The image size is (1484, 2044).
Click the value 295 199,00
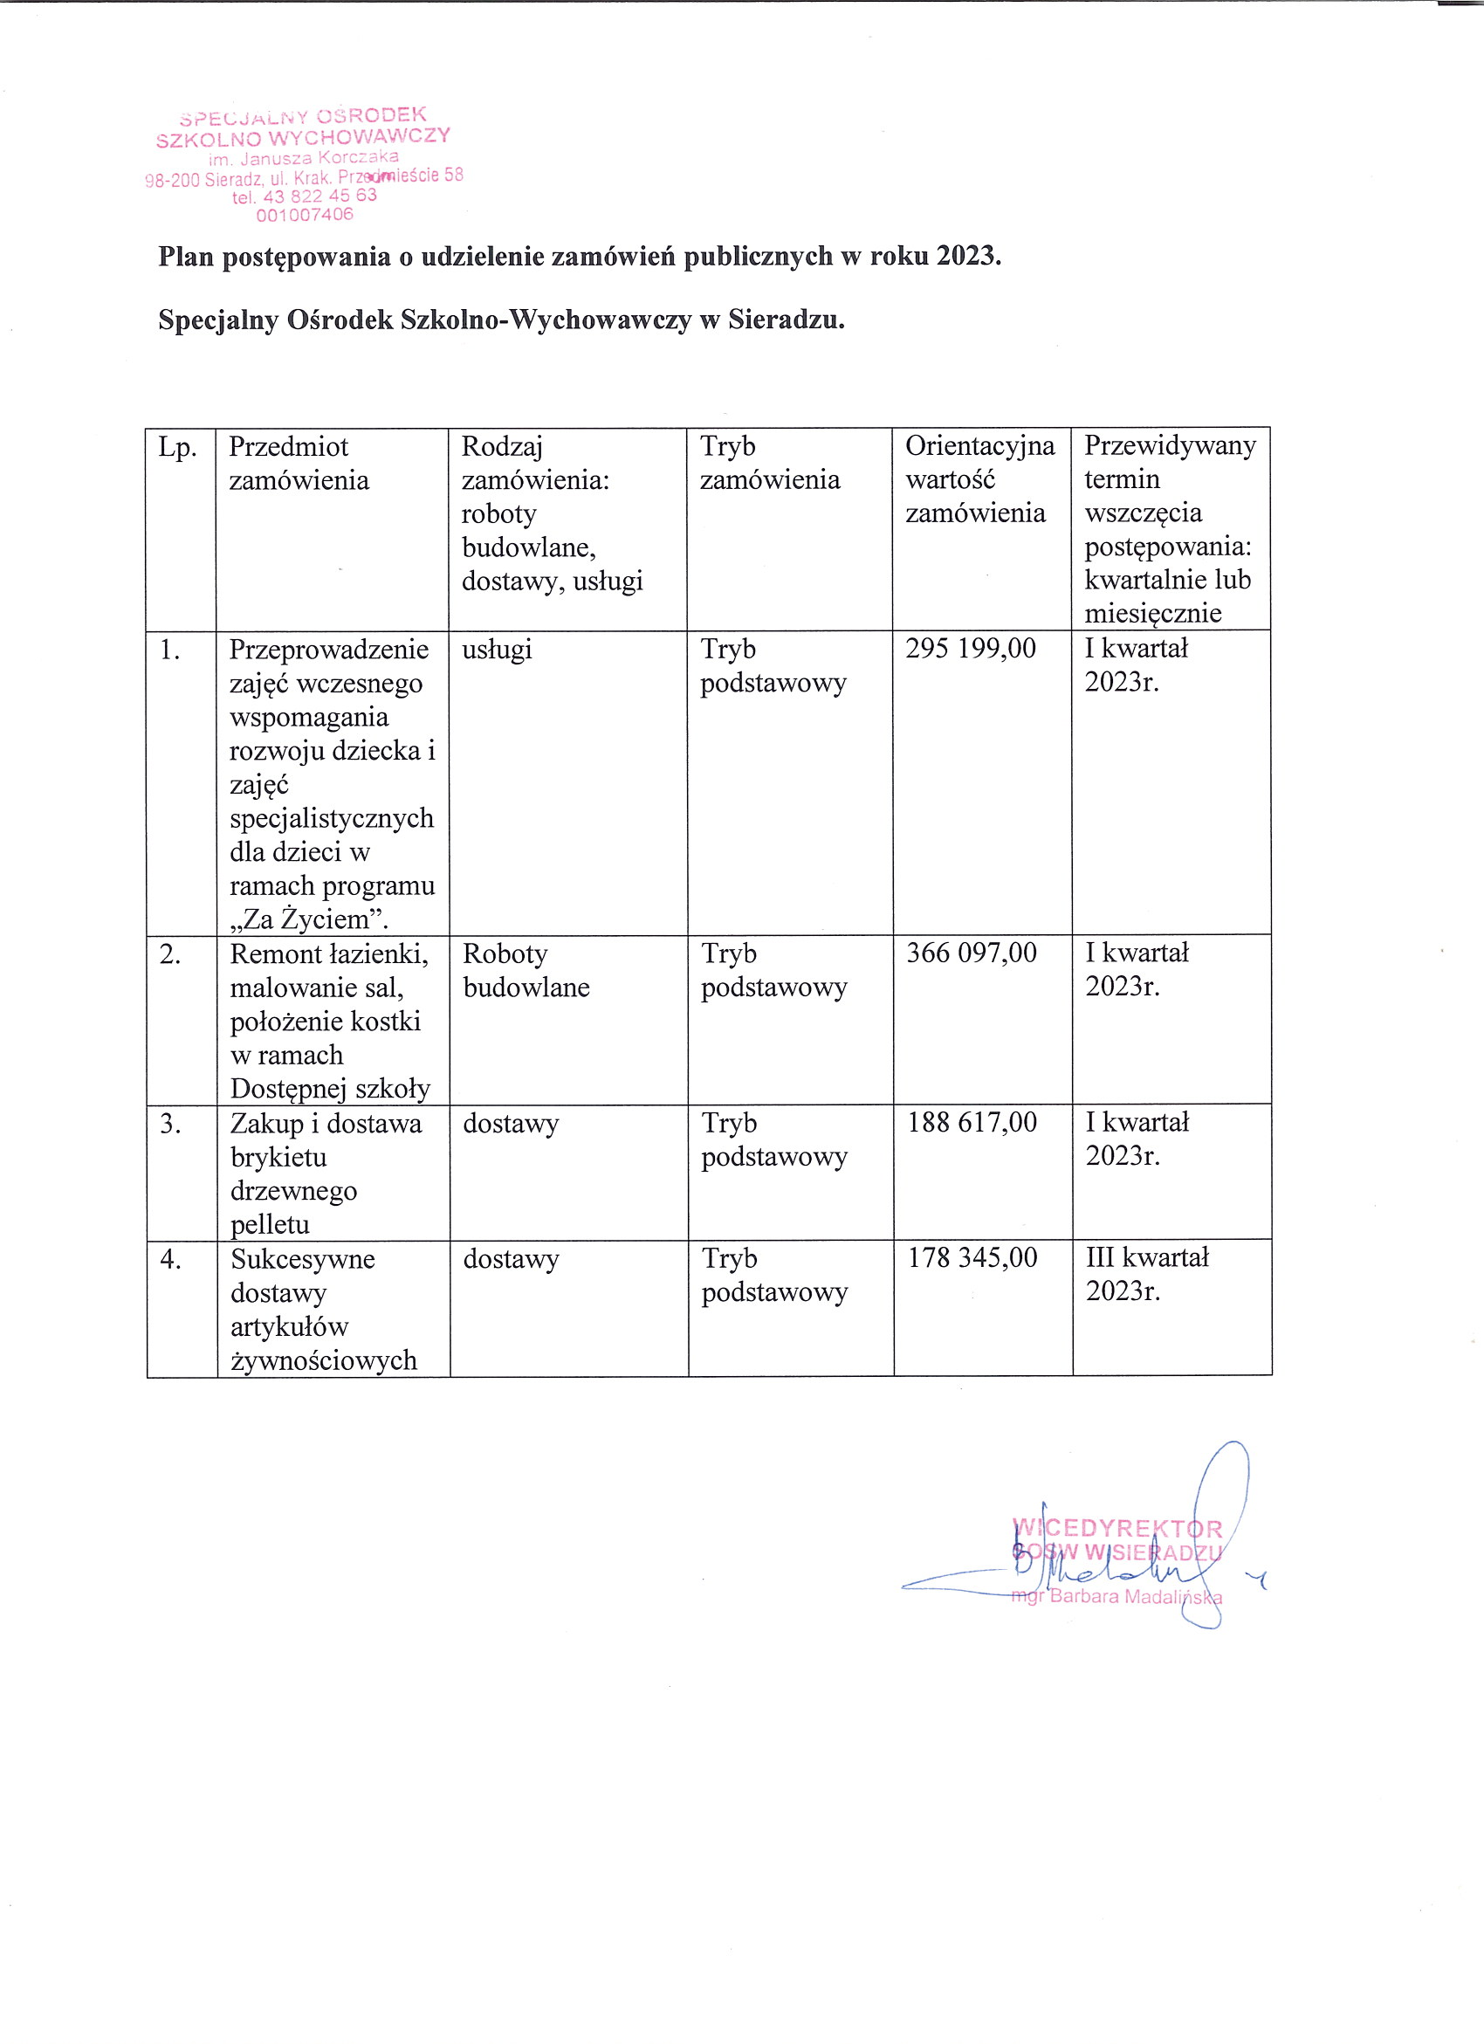coord(971,648)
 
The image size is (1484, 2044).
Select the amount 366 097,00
coord(972,953)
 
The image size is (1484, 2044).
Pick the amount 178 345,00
coord(972,1257)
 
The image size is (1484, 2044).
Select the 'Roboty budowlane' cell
coord(526,970)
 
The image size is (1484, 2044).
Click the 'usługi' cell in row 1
coord(497,649)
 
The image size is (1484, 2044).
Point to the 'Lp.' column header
coord(177,447)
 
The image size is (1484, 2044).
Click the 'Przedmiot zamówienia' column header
coord(299,464)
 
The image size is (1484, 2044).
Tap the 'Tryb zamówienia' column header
coord(769,464)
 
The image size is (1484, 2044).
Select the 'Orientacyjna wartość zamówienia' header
coord(979,479)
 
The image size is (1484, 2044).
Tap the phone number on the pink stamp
coord(305,196)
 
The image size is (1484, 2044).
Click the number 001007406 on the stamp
coord(305,216)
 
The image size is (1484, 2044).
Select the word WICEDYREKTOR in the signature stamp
coord(1117,1528)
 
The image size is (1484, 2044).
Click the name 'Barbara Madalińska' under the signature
coord(1136,1597)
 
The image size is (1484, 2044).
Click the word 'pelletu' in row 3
coord(271,1224)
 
